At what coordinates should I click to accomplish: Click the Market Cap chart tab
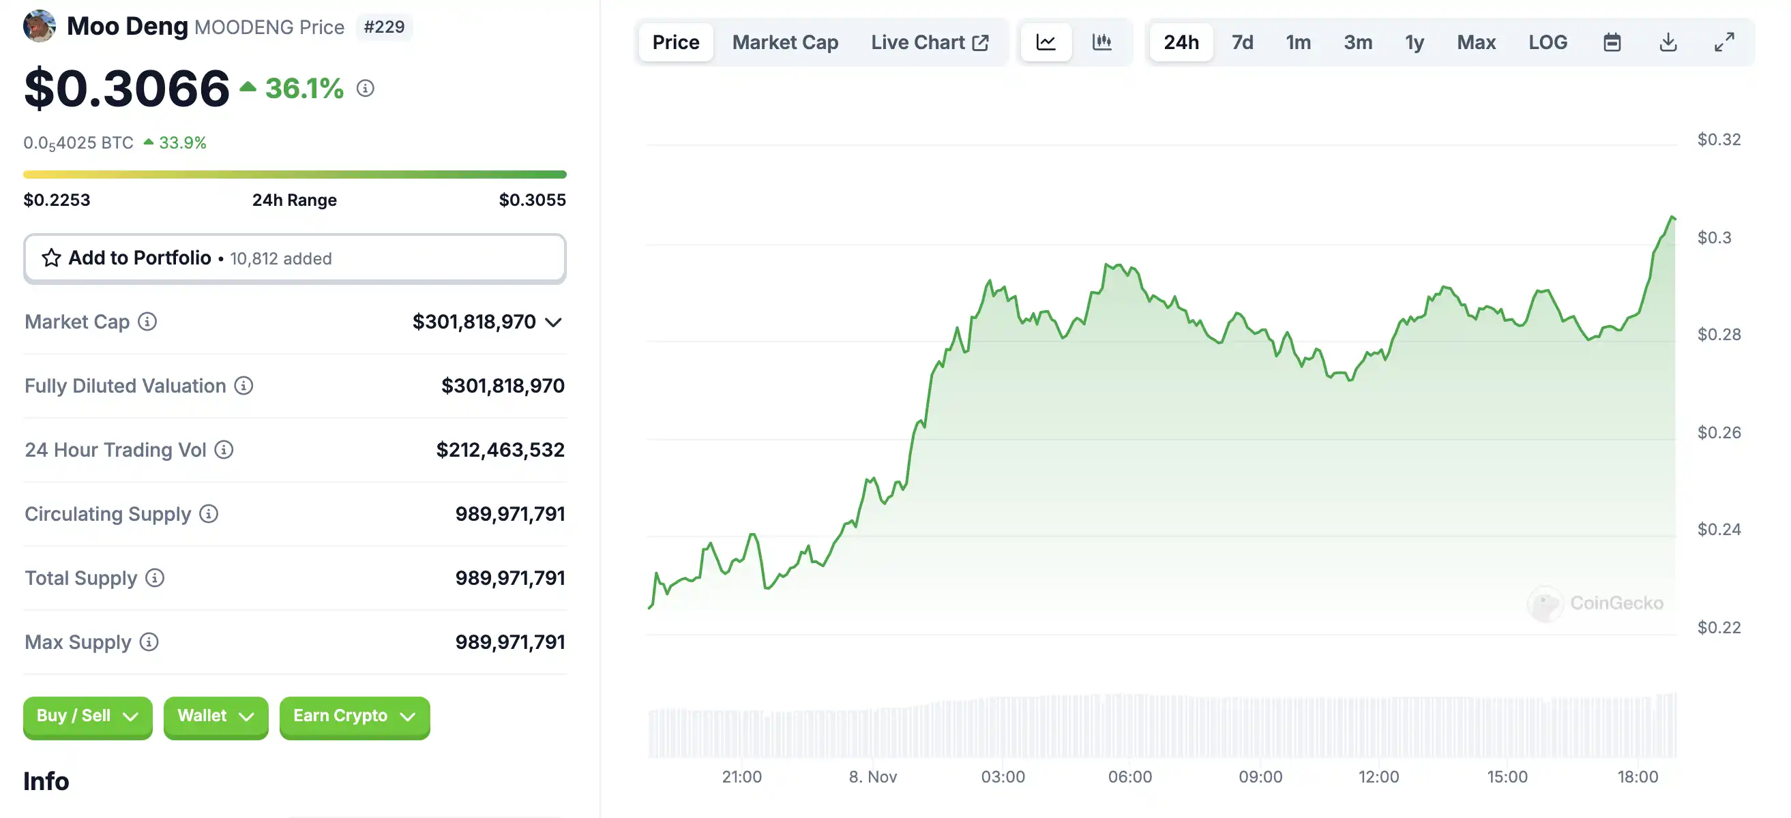[784, 42]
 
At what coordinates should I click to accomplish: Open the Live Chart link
[929, 42]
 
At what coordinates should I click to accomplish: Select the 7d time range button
[1242, 42]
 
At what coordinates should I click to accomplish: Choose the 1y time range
[1414, 42]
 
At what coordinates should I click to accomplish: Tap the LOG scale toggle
[1547, 42]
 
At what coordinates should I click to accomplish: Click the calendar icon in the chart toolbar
[1612, 42]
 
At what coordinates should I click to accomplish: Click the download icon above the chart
[1668, 42]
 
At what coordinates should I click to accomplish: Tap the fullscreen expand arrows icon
[1723, 42]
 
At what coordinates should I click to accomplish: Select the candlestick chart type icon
[1101, 42]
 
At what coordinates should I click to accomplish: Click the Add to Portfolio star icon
[51, 258]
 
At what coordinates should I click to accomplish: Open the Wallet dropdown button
[216, 716]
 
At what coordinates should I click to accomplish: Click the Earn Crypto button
[354, 716]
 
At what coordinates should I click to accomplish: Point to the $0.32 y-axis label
[1719, 140]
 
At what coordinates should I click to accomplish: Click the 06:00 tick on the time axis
[1130, 776]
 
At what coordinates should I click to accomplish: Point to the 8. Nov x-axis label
[872, 776]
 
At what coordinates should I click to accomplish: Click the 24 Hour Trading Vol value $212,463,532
[500, 450]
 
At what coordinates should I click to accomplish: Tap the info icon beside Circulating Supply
[209, 513]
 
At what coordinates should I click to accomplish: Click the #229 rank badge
[384, 27]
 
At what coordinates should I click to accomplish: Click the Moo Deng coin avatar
[40, 26]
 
